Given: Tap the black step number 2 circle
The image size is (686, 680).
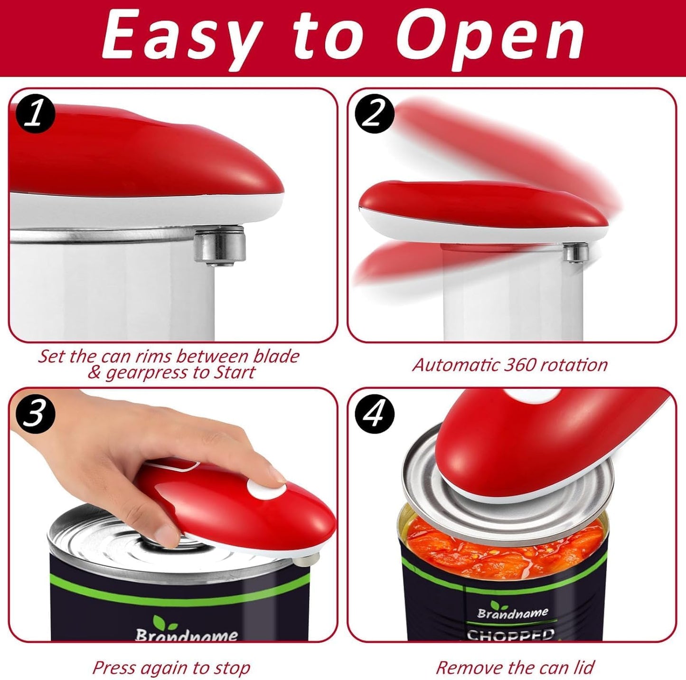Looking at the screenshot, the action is pyautogui.click(x=375, y=114).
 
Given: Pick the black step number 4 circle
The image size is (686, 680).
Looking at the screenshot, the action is pyautogui.click(x=375, y=414).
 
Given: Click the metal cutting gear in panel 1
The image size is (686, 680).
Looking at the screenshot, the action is pyautogui.click(x=220, y=246).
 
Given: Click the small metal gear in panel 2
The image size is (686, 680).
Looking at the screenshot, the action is pyautogui.click(x=577, y=253).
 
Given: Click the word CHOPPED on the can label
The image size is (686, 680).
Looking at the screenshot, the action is pyautogui.click(x=510, y=635).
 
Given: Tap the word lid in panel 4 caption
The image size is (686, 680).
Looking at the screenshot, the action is pyautogui.click(x=583, y=657).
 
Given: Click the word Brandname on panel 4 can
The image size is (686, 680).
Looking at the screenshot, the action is pyautogui.click(x=513, y=613).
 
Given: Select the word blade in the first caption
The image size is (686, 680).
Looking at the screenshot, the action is pyautogui.click(x=275, y=357).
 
